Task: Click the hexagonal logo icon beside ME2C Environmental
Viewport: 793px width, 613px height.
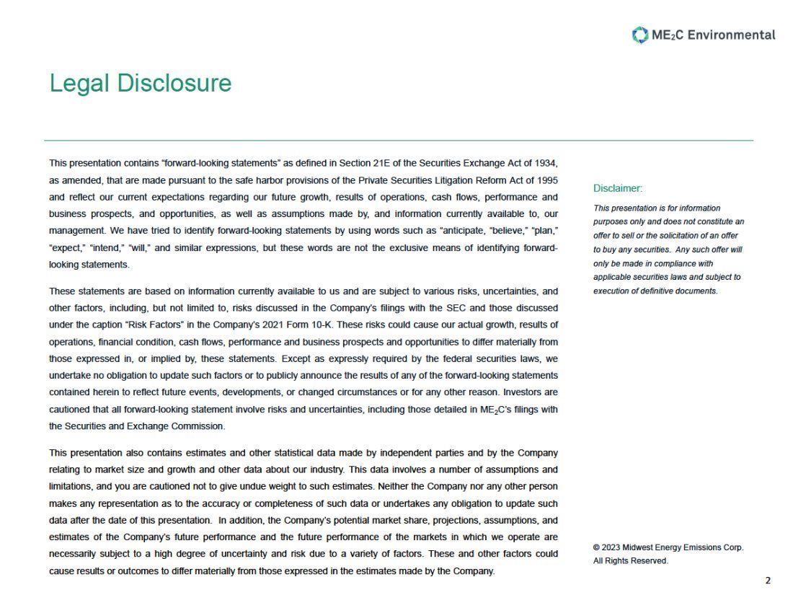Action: pos(639,35)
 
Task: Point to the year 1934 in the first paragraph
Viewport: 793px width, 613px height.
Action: pos(546,163)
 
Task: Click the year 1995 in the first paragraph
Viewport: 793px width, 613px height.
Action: pos(546,180)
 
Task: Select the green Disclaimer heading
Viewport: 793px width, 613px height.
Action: pos(617,188)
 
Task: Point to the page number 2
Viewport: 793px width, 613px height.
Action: pos(768,581)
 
